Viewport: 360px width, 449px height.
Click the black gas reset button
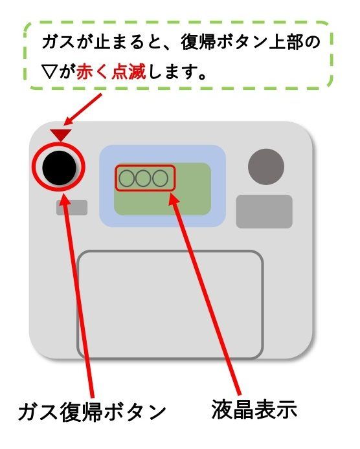60,168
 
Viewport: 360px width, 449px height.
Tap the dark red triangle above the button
61,135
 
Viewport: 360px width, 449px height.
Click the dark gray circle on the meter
266,167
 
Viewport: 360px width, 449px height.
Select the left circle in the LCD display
127,178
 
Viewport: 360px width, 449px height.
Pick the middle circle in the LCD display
143,178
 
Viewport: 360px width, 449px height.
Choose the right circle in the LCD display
160,178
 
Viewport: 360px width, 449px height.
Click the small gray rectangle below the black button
72,208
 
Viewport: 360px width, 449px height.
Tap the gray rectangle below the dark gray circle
264,212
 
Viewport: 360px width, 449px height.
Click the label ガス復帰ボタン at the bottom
92,412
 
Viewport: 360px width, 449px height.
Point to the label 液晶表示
254,409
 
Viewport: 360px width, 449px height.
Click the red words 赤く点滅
111,72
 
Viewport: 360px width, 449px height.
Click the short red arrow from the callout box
82,110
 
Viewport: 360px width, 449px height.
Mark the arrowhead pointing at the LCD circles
172,198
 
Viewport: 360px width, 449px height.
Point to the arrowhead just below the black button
64,199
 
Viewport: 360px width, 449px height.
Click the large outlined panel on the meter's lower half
170,305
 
